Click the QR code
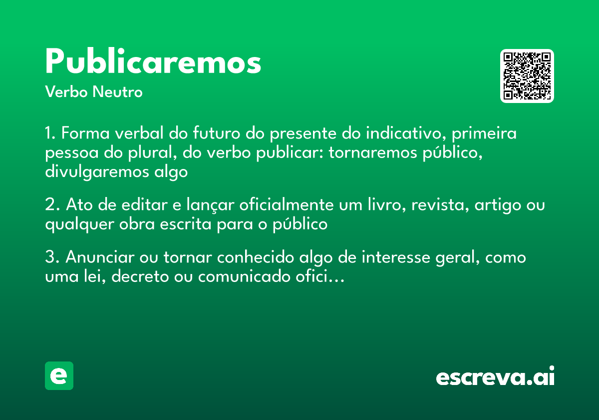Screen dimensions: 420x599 pos(527,76)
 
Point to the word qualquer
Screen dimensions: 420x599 pos(80,224)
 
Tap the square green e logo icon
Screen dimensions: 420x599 pos(59,376)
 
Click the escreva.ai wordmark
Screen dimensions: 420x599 pos(495,376)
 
